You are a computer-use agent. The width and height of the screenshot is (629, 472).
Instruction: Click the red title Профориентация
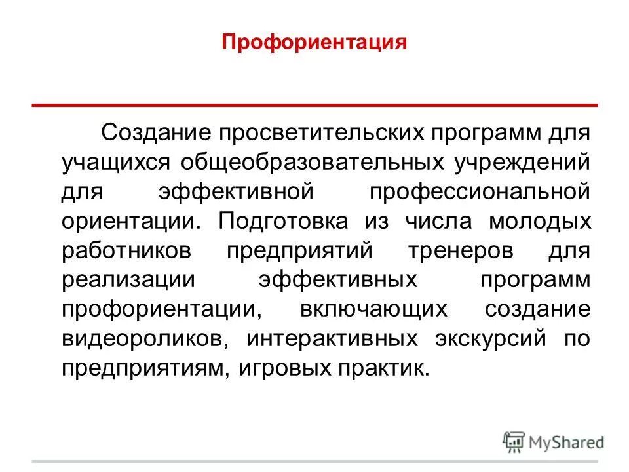coord(314,44)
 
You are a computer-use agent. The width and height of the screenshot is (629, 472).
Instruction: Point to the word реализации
coord(128,281)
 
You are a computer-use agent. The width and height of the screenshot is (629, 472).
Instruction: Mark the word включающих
coord(373,310)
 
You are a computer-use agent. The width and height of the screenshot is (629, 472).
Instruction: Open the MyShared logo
coord(554,441)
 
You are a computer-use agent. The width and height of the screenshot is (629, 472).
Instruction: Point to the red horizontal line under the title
coord(314,104)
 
